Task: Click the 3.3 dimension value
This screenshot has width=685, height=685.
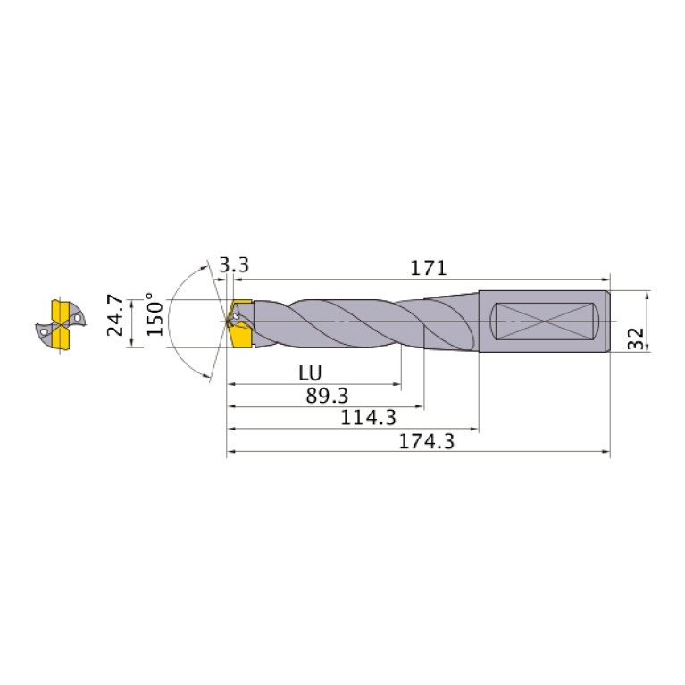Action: pos(234,264)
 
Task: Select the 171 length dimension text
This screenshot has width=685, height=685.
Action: pos(429,268)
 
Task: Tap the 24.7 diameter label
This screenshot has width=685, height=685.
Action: pos(115,314)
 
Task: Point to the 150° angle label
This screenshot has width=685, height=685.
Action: pos(155,314)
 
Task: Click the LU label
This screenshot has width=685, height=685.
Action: pos(310,373)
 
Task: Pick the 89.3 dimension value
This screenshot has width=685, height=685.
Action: pos(327,396)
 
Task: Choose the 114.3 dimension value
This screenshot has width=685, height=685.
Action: pos(368,418)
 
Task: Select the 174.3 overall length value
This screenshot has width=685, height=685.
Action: pos(427,441)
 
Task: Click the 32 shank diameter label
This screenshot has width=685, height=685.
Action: pos(636,338)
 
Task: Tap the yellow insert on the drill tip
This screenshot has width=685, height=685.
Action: pos(239,323)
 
